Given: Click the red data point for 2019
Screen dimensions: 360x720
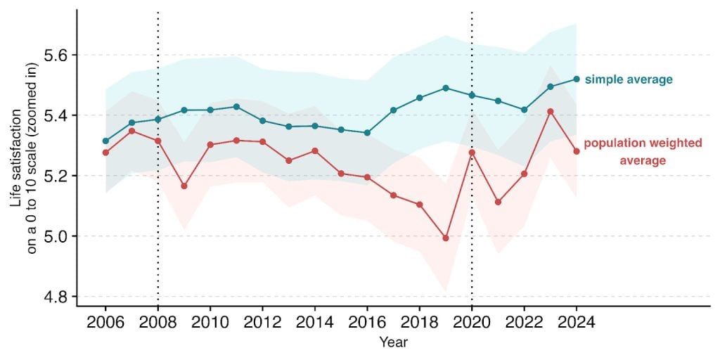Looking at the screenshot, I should pos(445,238).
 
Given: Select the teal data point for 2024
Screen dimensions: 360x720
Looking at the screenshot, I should pos(577,79).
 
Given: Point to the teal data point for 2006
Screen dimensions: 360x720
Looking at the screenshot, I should pos(105,141).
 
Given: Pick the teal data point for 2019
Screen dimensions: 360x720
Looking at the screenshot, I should pos(445,88).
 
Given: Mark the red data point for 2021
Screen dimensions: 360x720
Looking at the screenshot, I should pos(498,202).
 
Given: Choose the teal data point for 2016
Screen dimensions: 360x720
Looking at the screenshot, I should pos(367,133).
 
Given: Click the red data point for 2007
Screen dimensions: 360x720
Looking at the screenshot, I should pos(131,131).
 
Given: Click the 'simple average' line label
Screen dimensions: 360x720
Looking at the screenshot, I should pos(629,79).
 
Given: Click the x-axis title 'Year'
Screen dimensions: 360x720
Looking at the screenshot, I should pos(393,343).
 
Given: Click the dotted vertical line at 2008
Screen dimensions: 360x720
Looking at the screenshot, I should pos(157,211).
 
